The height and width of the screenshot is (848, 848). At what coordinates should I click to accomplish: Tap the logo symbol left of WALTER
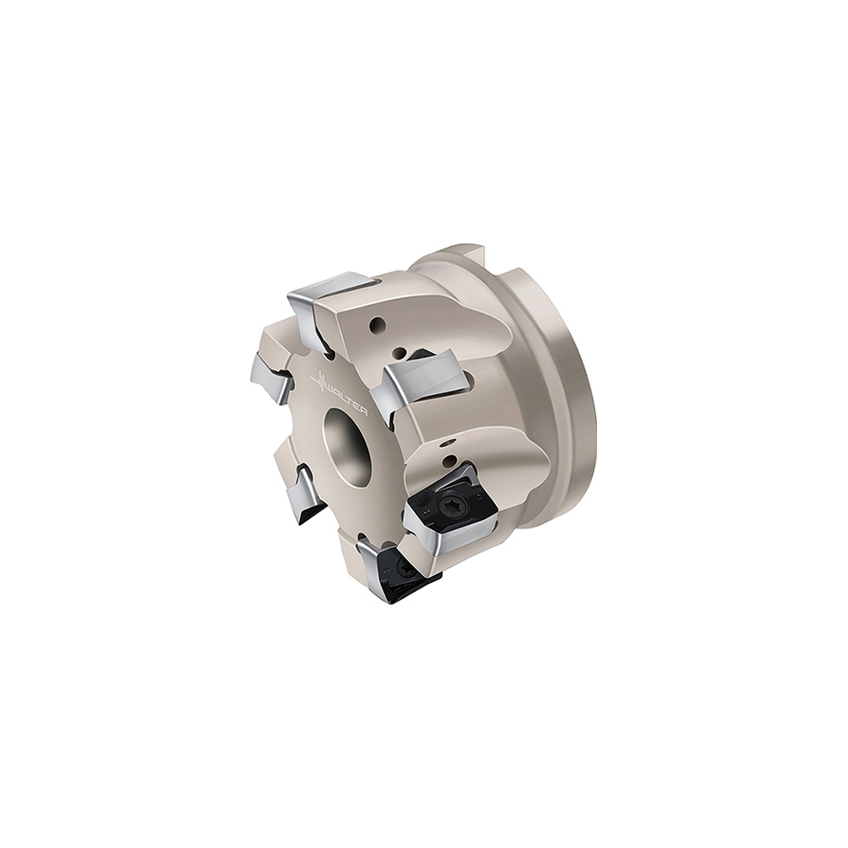click(321, 381)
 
